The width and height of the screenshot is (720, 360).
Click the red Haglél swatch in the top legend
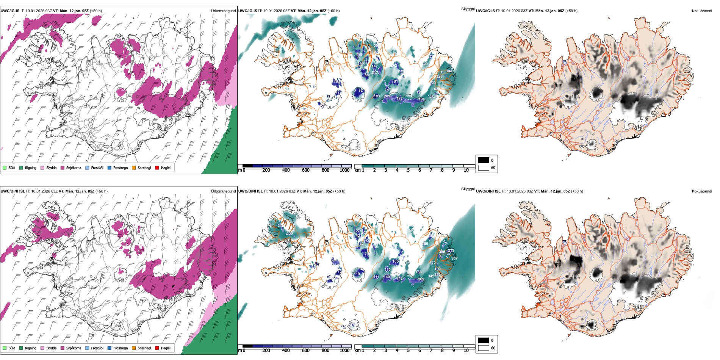(x=157, y=167)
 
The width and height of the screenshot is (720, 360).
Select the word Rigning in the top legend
(x=31, y=168)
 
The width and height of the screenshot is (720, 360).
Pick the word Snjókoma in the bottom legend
(x=74, y=348)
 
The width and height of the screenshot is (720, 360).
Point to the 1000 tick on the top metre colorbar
(x=344, y=170)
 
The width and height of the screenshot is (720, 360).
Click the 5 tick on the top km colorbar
(x=408, y=170)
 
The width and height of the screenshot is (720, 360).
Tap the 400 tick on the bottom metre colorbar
(x=286, y=351)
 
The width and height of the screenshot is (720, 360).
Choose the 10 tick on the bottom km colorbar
(x=466, y=351)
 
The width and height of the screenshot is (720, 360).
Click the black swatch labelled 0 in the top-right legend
(x=484, y=160)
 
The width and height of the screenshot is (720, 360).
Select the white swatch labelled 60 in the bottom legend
(x=484, y=348)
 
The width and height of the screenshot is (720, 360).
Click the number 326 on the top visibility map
(x=439, y=77)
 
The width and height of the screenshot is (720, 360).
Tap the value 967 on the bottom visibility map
(x=454, y=258)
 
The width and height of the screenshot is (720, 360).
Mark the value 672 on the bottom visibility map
(x=432, y=263)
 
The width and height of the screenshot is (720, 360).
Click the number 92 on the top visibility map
(x=360, y=91)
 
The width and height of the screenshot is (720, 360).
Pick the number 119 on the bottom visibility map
(x=357, y=274)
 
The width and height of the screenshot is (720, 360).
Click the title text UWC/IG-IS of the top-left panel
(x=9, y=11)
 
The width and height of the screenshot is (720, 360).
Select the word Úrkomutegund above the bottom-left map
(x=223, y=191)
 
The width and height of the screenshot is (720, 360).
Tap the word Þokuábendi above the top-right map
(x=702, y=11)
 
